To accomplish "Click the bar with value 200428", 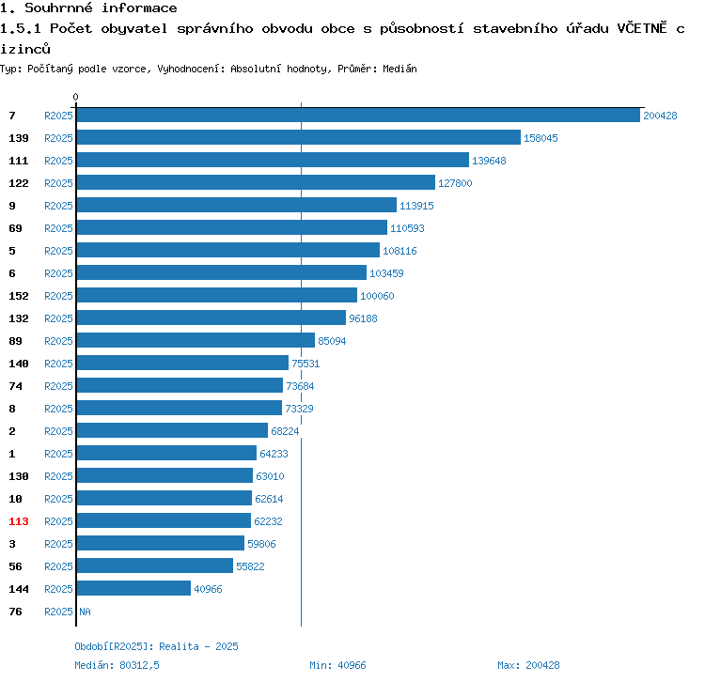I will coord(357,116).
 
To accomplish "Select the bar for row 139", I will coord(298,138).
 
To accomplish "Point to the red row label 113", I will coord(19,521).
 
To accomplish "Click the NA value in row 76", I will coord(85,612).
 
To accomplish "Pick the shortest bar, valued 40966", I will coord(133,589).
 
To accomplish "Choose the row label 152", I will coord(19,296).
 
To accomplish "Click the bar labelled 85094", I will coord(196,341).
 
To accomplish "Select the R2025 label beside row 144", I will coord(58,589).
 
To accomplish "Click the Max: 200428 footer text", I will coord(528,665).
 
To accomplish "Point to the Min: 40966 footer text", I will coord(337,665).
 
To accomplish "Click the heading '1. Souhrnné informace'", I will coord(88,8).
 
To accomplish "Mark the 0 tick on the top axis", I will coord(76,97).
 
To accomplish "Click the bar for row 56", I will coord(154,566).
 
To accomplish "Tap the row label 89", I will coord(15,341).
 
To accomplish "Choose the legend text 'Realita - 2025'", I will coord(198,646).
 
